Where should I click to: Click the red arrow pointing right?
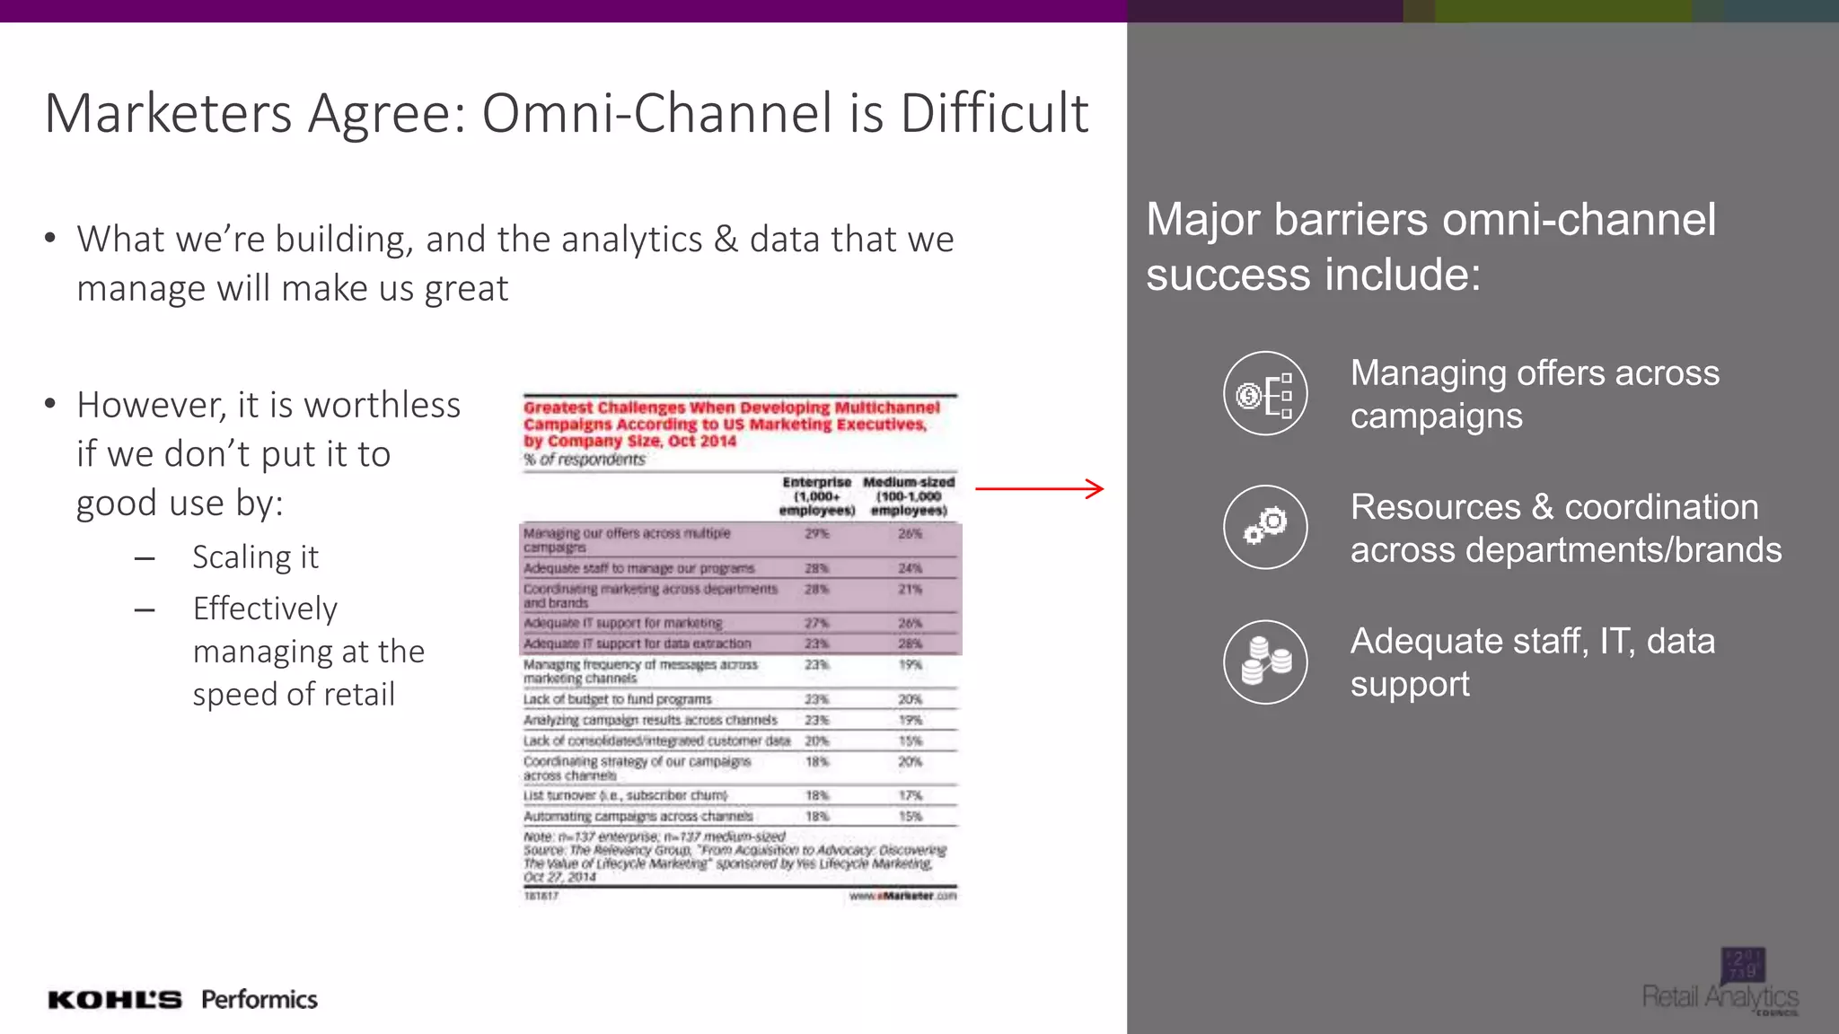1039,489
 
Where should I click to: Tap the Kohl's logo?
115,1000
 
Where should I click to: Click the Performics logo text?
259,1000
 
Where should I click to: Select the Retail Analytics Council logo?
1721,984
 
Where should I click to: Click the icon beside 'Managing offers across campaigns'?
1265,393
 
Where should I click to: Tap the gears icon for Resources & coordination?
1265,527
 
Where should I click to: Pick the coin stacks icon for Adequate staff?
1265,662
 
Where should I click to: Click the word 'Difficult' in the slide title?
994,114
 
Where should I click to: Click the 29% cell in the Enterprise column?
816,534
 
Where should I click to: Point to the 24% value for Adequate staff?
910,568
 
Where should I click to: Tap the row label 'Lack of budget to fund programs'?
617,699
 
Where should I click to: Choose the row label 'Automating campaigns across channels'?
638,817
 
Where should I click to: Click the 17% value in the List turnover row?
910,796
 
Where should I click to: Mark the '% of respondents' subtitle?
585,460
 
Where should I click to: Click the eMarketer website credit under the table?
902,896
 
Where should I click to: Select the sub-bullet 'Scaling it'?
255,557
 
